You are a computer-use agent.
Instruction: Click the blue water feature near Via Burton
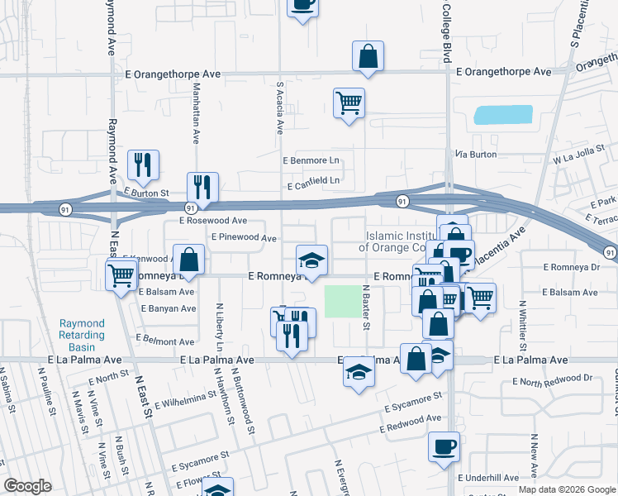point(502,115)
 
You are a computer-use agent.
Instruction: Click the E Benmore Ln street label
point(311,160)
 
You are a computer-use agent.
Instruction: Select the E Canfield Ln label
point(313,180)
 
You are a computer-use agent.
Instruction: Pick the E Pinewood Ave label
point(243,237)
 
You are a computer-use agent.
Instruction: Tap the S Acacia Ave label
point(280,107)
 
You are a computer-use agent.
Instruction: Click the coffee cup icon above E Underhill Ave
point(444,448)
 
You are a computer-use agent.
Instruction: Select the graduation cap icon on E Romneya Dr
point(311,260)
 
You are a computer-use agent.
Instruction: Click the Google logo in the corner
point(27,486)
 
